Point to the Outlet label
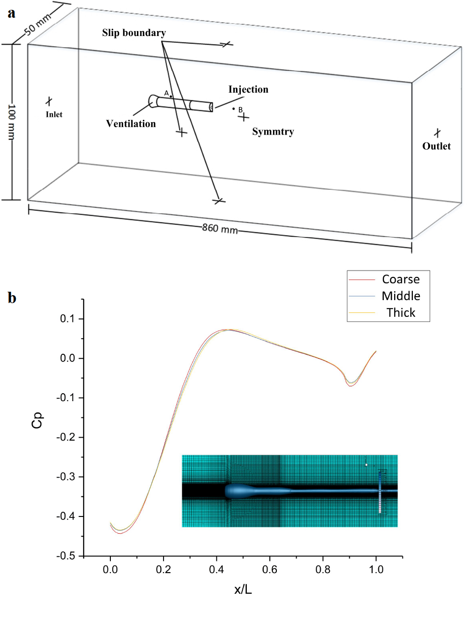click(436, 146)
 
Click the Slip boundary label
click(134, 33)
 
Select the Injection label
click(248, 90)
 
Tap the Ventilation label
click(131, 124)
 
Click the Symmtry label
click(273, 132)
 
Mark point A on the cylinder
click(171, 97)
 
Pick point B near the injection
click(234, 108)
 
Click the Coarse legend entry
click(401, 279)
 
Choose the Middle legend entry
click(401, 296)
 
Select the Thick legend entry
click(401, 312)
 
